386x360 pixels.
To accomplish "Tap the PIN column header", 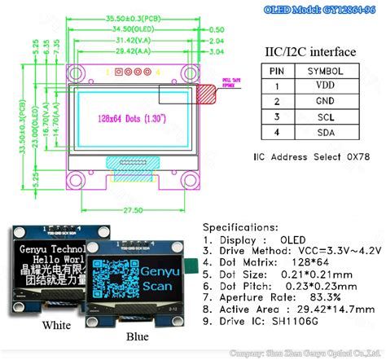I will pos(277,70).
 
